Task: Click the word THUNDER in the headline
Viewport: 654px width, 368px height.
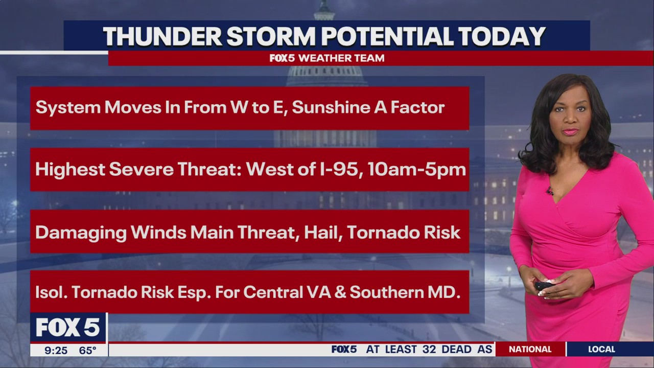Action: [x=162, y=36]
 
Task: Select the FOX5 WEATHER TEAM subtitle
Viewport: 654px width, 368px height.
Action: [x=327, y=58]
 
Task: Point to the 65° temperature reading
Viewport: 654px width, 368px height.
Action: [x=87, y=351]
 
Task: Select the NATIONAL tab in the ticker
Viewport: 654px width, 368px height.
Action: [x=530, y=350]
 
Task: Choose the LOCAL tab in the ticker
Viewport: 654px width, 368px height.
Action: [x=601, y=350]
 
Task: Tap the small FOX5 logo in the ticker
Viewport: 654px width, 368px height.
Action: [x=344, y=350]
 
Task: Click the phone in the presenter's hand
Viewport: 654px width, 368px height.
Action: [x=543, y=286]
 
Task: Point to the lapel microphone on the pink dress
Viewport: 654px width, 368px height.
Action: [x=549, y=191]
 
